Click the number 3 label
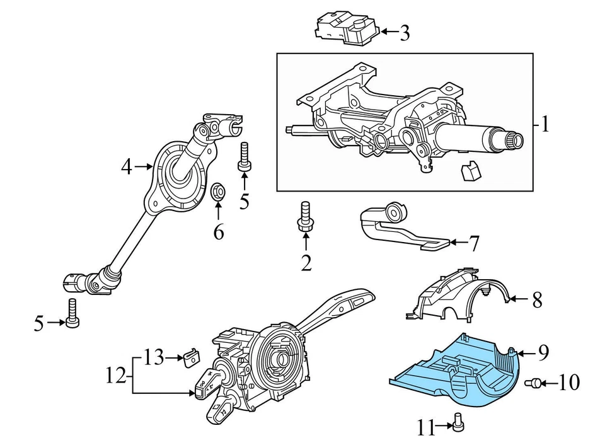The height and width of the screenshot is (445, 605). (x=405, y=33)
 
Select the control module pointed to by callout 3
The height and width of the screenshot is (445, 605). (x=347, y=30)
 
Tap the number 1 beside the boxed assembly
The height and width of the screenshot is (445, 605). (x=544, y=124)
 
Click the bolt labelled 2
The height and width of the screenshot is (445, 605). (x=306, y=216)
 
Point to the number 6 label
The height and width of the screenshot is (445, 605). (x=218, y=233)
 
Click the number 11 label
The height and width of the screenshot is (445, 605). (x=426, y=429)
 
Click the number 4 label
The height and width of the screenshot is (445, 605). (x=127, y=167)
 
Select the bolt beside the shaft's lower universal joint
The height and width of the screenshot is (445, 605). (x=72, y=313)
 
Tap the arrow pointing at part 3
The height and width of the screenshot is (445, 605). (x=387, y=31)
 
